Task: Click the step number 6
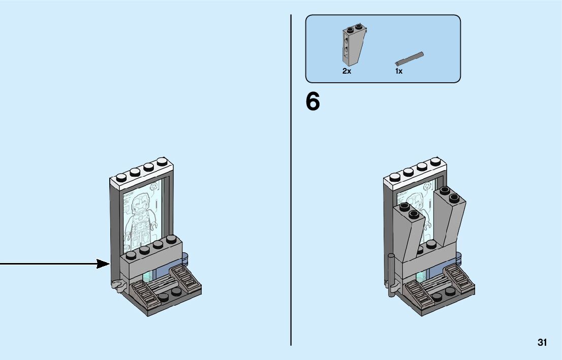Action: coord(313,102)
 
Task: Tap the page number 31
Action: coord(542,343)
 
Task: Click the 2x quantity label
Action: coord(347,72)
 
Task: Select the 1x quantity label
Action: coord(399,72)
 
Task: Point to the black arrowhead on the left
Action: coord(104,264)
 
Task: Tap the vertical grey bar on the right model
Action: coord(391,274)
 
